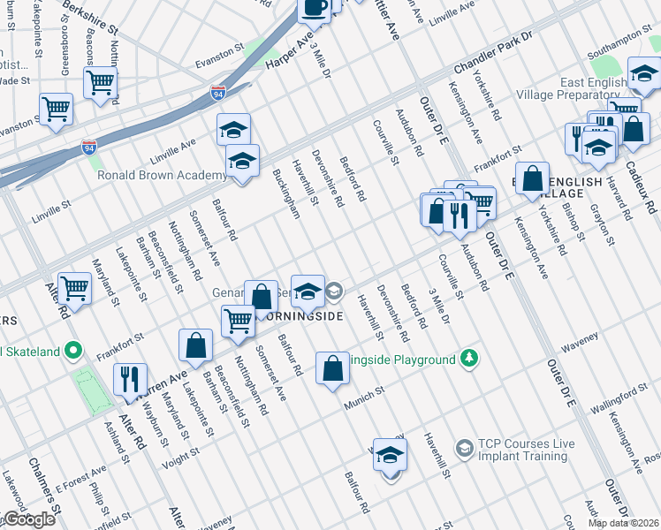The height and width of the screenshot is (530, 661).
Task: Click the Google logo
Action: pyautogui.click(x=28, y=519)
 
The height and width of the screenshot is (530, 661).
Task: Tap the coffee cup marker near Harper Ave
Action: pyautogui.click(x=314, y=8)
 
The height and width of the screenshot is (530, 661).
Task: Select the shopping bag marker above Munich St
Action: pyautogui.click(x=332, y=369)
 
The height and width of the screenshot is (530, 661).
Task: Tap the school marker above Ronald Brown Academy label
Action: pyautogui.click(x=233, y=131)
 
